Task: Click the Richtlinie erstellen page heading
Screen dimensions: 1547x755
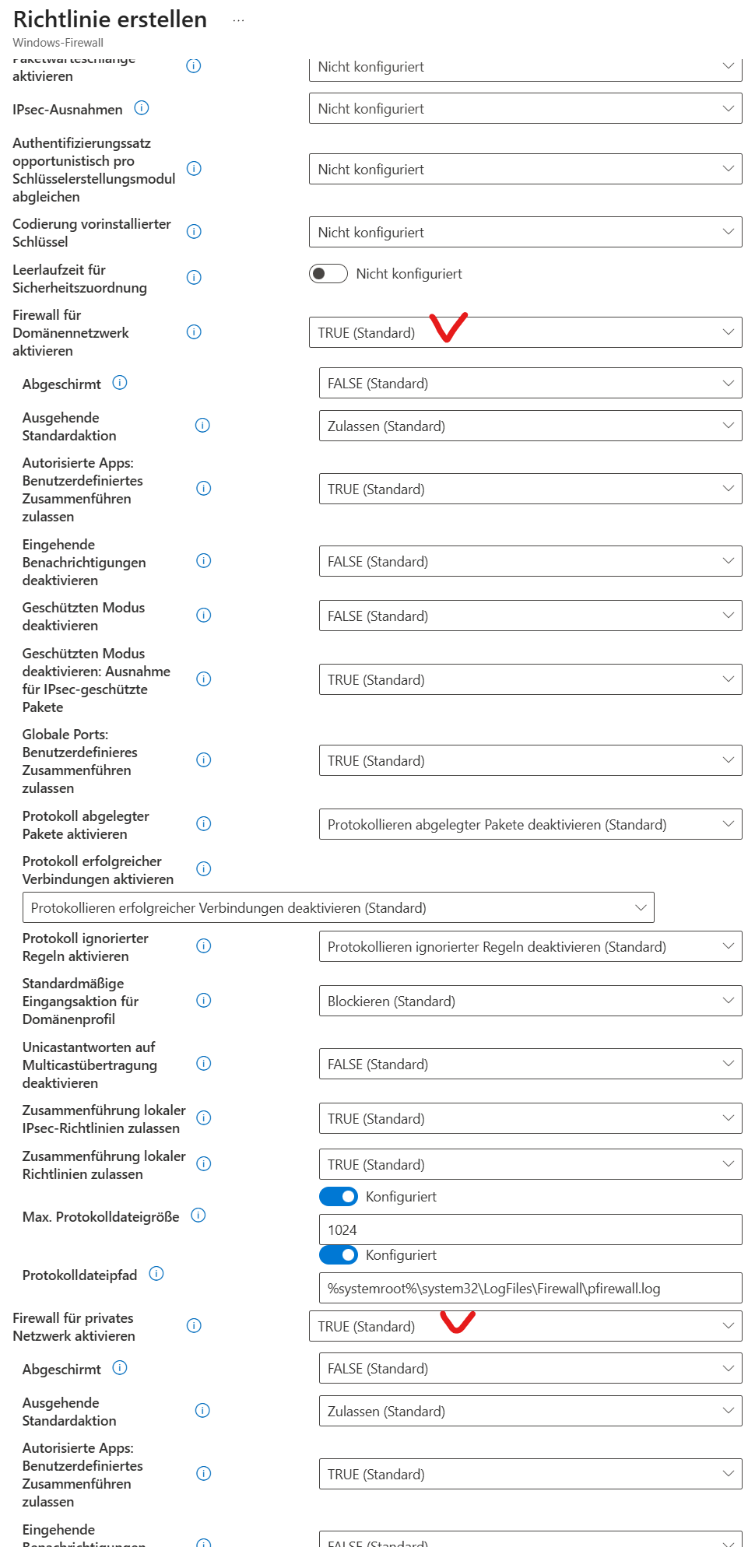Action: (110, 19)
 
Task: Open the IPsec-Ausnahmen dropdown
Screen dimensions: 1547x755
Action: (525, 109)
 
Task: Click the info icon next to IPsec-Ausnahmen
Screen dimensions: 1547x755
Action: (142, 108)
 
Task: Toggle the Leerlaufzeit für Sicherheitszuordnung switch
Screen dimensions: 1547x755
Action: (328, 274)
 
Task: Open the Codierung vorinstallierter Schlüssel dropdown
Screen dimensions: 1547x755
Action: (525, 233)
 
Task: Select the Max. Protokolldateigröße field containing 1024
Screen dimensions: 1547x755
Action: (529, 1230)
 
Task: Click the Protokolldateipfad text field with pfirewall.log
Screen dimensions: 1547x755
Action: (529, 1289)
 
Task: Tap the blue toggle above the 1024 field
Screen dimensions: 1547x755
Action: (339, 1196)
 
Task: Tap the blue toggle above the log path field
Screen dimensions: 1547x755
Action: (339, 1254)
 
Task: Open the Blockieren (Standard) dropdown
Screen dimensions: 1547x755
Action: (529, 1002)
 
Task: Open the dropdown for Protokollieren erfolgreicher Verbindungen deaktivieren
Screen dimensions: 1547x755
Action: (338, 908)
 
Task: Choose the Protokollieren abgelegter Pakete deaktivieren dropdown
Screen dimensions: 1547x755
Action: (529, 825)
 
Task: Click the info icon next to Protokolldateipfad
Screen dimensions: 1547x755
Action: (156, 1274)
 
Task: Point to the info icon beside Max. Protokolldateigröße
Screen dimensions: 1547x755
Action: (198, 1215)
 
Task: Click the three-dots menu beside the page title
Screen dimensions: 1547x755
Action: (238, 20)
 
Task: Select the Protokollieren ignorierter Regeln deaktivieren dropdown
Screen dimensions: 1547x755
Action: (529, 947)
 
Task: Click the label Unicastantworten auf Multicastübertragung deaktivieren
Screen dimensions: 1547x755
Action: (90, 1065)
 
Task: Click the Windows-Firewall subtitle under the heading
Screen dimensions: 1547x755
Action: (58, 43)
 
